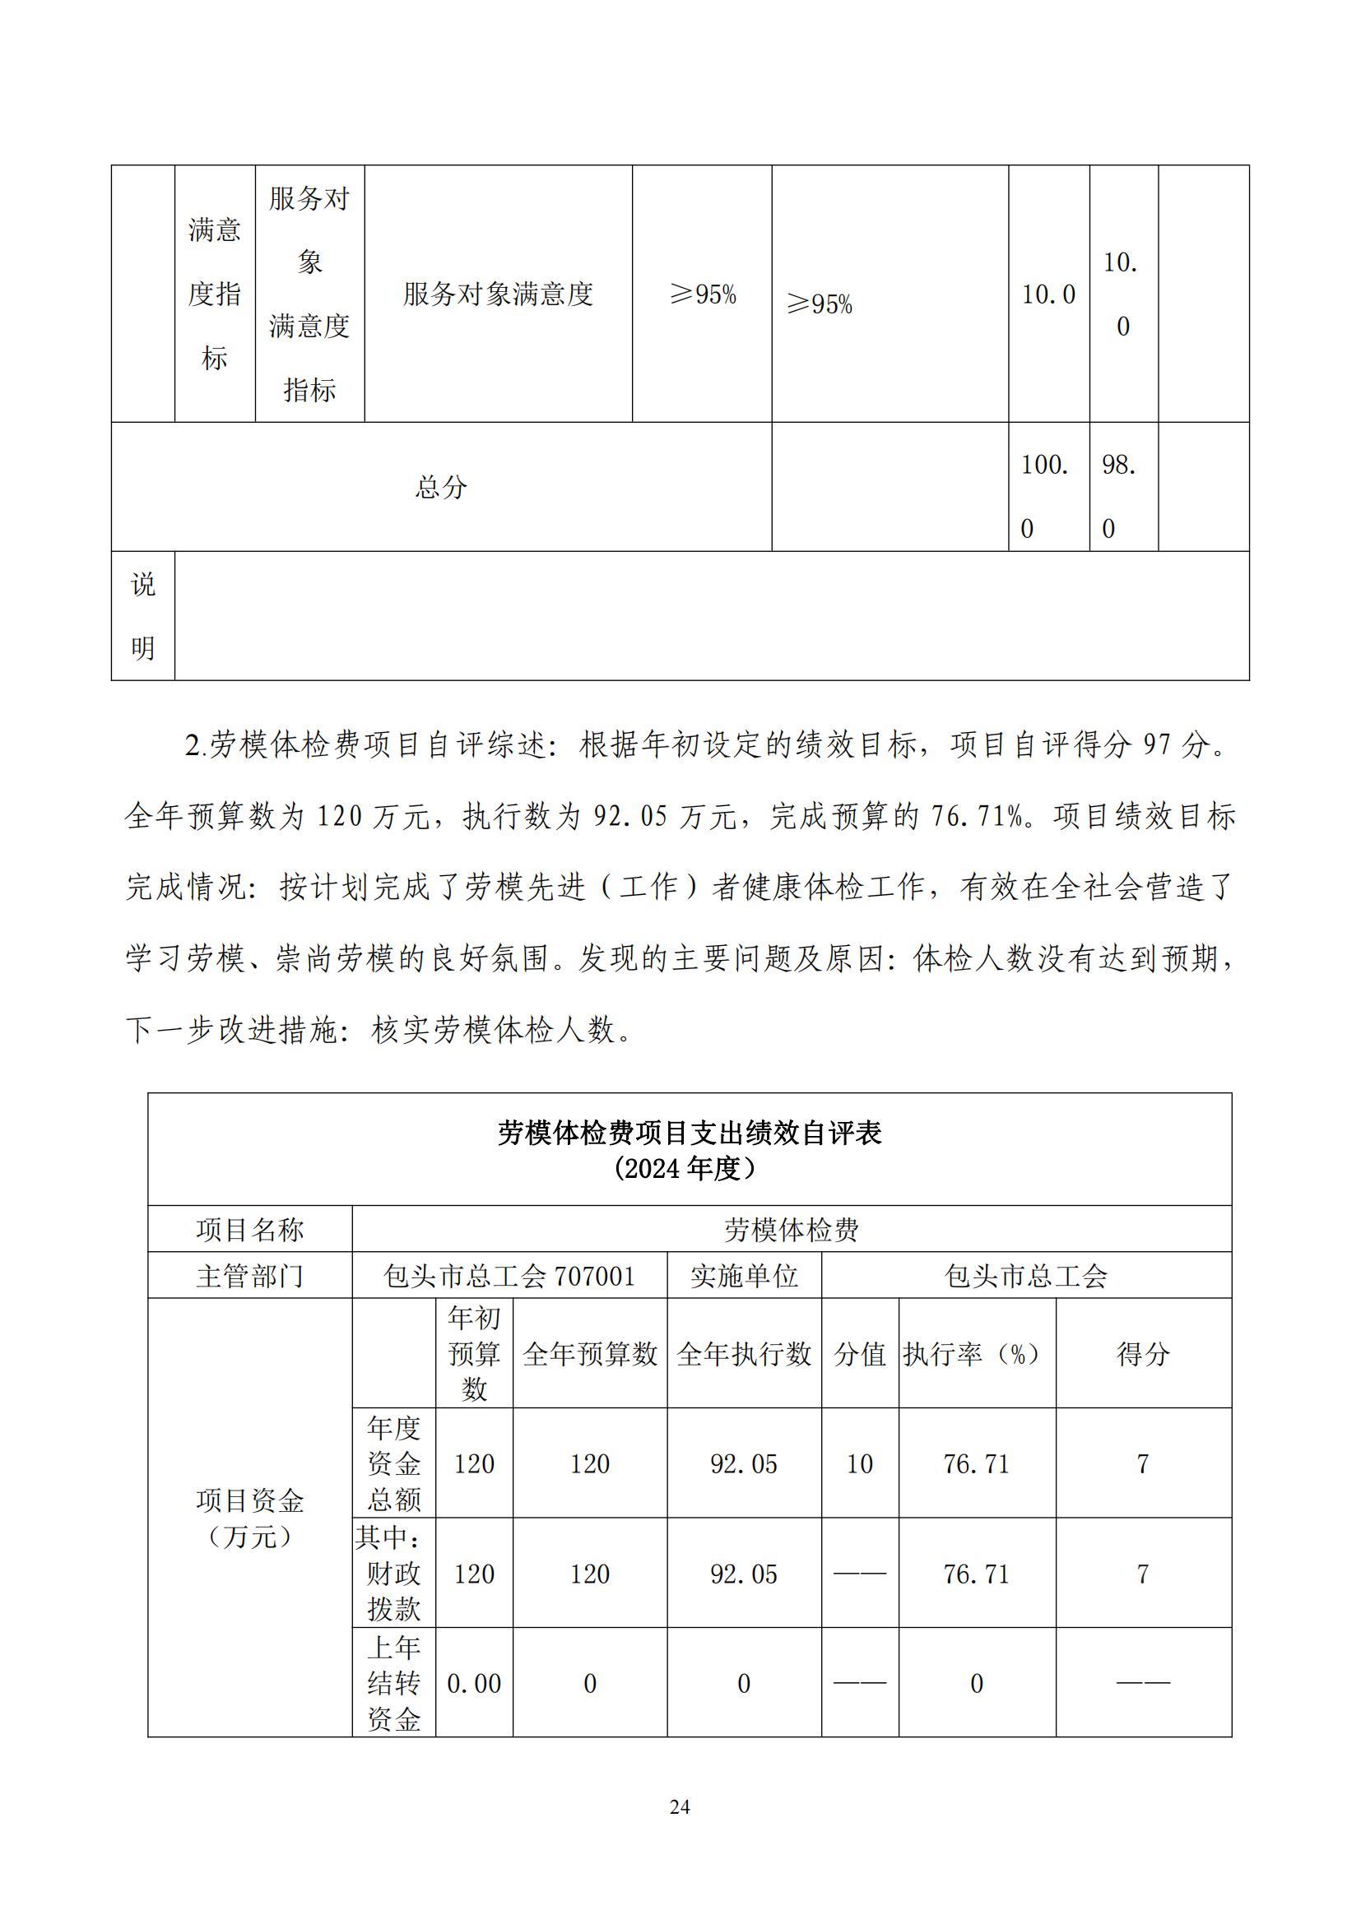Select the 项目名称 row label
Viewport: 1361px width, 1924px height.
pyautogui.click(x=250, y=1229)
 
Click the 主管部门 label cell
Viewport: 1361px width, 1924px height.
pyautogui.click(x=250, y=1276)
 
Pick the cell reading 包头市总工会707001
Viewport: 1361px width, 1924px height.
pyautogui.click(x=509, y=1276)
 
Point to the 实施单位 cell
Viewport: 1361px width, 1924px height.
pyautogui.click(x=743, y=1276)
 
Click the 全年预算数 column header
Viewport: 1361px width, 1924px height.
pyautogui.click(x=589, y=1353)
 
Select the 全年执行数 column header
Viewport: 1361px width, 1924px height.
pyautogui.click(x=743, y=1353)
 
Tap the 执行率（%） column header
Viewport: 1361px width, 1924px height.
pyautogui.click(x=976, y=1353)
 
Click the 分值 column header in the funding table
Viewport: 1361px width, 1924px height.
pyautogui.click(x=859, y=1353)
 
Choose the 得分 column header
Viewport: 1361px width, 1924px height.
pyautogui.click(x=1142, y=1353)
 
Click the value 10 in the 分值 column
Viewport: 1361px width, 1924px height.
pyautogui.click(x=859, y=1463)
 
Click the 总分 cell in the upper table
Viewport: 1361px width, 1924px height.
pyautogui.click(x=441, y=487)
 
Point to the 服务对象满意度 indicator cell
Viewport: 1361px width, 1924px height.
pyautogui.click(x=498, y=294)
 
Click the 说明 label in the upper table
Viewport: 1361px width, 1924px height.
pyautogui.click(x=142, y=615)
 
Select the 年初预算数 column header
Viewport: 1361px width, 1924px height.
pyautogui.click(x=473, y=1353)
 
